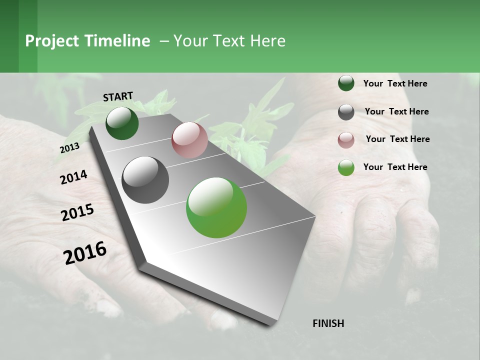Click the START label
(118, 96)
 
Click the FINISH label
(328, 323)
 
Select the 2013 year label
(69, 148)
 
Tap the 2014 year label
(73, 177)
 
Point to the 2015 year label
(77, 212)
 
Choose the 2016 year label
(85, 253)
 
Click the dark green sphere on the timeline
(122, 123)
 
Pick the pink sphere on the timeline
(189, 139)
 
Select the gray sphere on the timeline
(145, 179)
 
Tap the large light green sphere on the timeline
(216, 207)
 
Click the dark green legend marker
(346, 83)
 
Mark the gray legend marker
(346, 112)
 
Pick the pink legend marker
(346, 140)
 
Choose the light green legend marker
(346, 168)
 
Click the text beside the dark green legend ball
(395, 84)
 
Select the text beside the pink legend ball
(397, 139)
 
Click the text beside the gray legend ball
(396, 111)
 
